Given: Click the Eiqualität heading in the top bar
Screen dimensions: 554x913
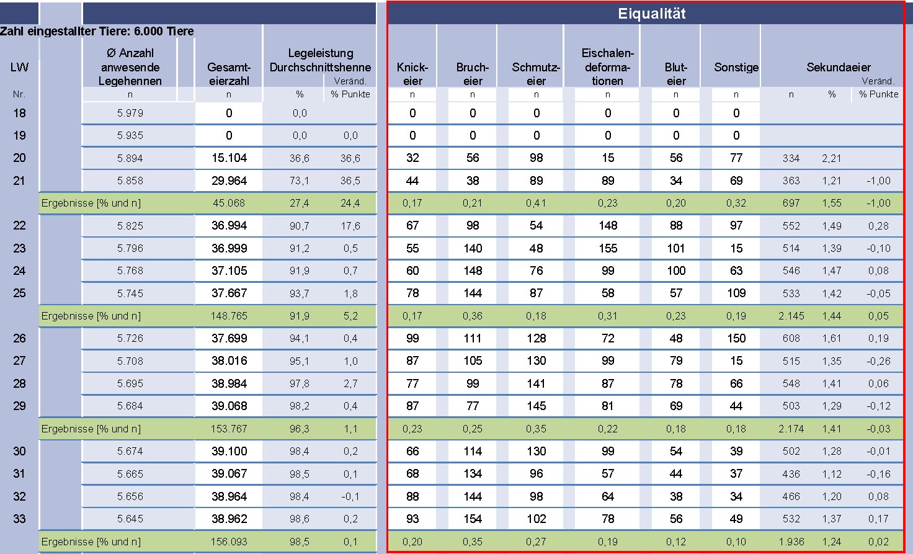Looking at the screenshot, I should click(651, 14).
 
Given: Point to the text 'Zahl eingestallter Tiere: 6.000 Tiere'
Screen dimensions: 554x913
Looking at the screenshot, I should click(97, 31).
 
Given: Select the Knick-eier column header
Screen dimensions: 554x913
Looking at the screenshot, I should click(412, 74).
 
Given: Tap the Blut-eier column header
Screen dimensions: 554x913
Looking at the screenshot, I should click(676, 74).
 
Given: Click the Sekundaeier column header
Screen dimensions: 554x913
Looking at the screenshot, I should click(839, 67).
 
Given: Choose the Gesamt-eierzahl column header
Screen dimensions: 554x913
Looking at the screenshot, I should click(229, 74).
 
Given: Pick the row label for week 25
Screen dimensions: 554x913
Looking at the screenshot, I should click(20, 293).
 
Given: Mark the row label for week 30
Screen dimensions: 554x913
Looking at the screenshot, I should click(20, 451).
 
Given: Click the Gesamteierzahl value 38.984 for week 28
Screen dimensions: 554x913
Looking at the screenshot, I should click(229, 383).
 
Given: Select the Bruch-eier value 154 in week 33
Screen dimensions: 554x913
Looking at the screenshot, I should click(473, 519).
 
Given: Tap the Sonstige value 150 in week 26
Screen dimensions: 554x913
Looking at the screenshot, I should click(736, 338).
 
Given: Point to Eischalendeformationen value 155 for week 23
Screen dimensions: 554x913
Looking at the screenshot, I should click(608, 248).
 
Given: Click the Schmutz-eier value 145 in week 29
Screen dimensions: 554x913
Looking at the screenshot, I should click(537, 406).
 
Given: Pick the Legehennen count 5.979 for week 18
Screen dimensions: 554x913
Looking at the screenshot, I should click(130, 113).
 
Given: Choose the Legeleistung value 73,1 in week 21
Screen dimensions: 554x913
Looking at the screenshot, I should click(300, 181).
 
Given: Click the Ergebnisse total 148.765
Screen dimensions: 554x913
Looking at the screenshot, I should click(229, 316).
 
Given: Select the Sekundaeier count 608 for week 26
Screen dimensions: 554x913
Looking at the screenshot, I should click(791, 338).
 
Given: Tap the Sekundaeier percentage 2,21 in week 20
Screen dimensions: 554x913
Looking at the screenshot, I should click(831, 158).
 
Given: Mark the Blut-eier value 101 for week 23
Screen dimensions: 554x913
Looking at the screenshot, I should click(676, 248).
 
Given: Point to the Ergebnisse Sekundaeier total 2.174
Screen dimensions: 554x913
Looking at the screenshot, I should click(791, 429).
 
